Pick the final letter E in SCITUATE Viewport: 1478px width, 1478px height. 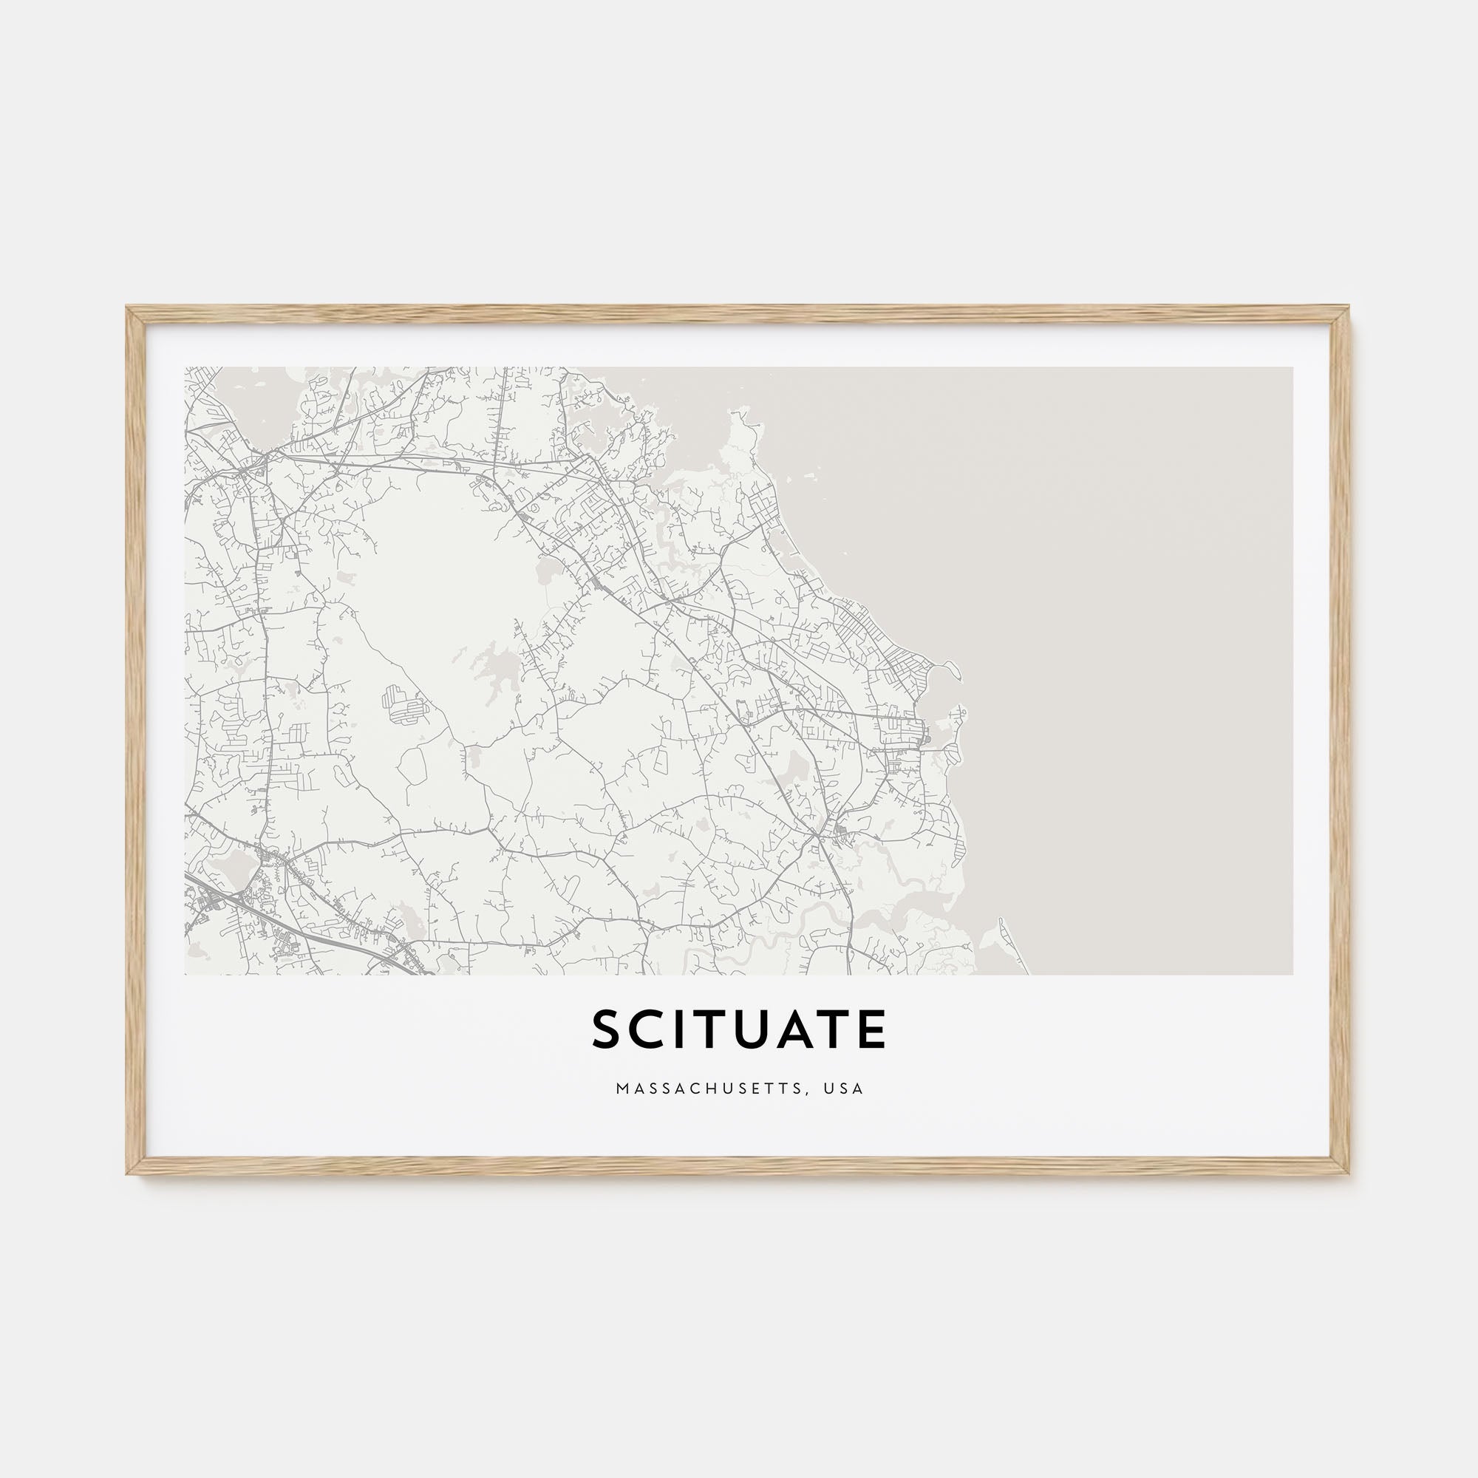click(871, 1029)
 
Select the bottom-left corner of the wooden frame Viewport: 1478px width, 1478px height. click(128, 1174)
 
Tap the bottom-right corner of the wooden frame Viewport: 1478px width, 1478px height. click(1350, 1174)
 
